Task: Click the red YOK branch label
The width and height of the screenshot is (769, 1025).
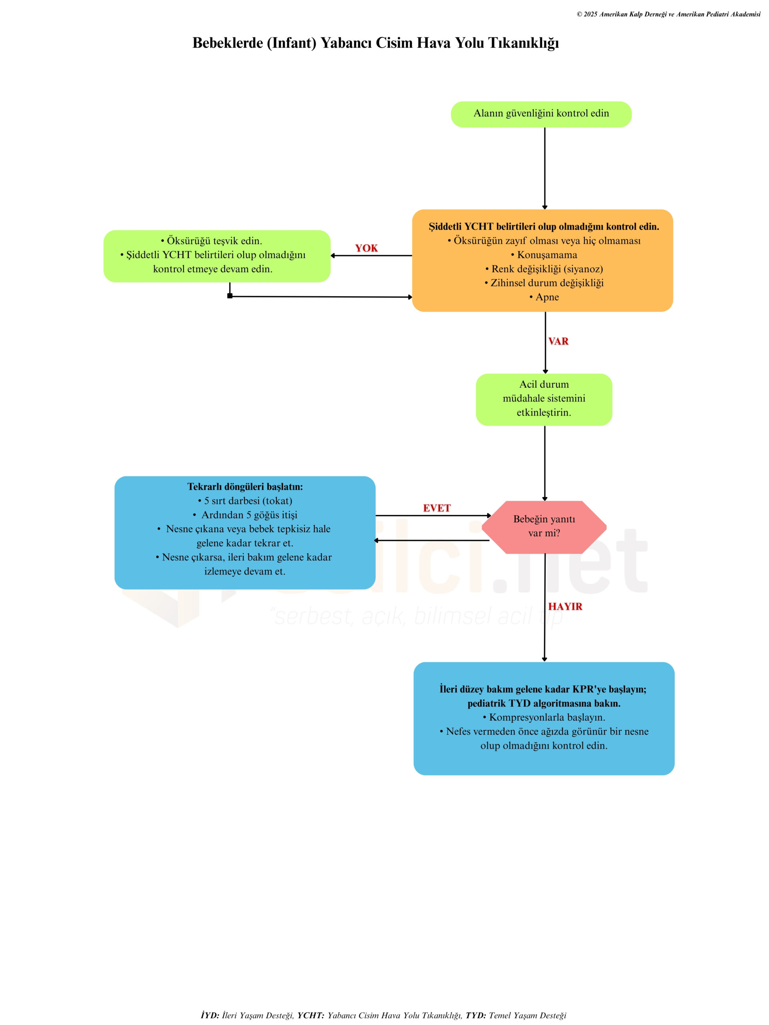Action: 366,248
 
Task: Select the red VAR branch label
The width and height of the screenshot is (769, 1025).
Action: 558,341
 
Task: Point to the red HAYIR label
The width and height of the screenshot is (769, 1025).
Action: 565,606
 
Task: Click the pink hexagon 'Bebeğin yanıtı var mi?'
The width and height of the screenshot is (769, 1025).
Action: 544,527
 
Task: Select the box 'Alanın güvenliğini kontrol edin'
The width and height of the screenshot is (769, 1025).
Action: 541,114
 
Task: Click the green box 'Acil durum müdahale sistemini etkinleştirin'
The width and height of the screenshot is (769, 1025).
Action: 544,398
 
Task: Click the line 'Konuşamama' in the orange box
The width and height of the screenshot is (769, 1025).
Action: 546,255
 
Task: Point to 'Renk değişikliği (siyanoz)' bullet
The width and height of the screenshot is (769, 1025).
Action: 546,269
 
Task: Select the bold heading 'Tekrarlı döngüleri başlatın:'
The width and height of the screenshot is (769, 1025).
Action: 245,486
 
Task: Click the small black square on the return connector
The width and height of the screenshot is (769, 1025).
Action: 230,295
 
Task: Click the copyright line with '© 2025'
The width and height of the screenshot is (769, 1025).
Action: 668,14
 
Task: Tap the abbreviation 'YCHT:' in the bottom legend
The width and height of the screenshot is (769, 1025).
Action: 310,1015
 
